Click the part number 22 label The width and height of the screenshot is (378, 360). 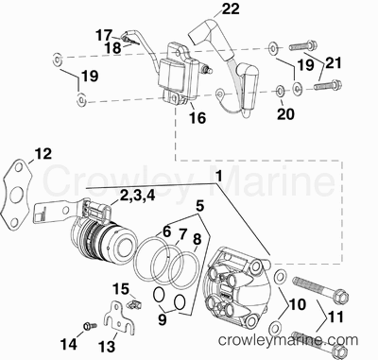coord(231,9)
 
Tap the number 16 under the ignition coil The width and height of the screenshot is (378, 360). coord(198,118)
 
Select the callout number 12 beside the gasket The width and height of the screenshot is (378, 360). coord(43,154)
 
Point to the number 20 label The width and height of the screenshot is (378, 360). coord(285,114)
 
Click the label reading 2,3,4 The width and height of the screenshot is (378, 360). coord(137,196)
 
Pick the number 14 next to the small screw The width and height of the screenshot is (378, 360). coord(68,344)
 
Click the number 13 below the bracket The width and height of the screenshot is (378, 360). coord(107,347)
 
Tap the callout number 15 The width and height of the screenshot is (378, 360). coord(121,289)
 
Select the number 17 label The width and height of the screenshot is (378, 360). coord(105,35)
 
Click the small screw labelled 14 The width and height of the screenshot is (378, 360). coord(87,326)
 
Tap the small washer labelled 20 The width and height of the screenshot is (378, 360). coord(280,91)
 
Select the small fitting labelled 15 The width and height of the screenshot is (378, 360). coord(135,304)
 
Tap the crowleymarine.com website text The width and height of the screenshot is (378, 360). coord(288,340)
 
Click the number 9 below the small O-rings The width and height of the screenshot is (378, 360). coord(163,319)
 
